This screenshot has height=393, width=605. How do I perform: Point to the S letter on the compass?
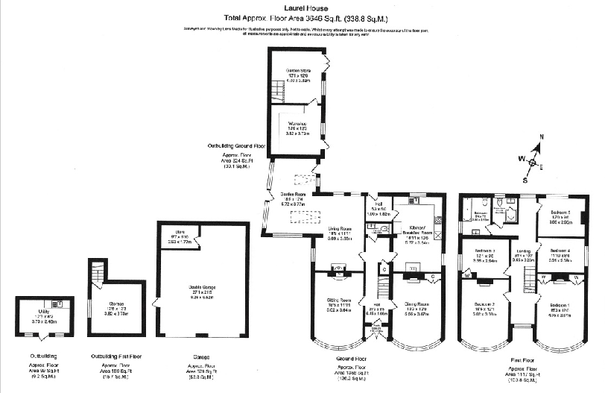coord(525,180)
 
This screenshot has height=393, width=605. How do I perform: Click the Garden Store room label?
coord(297,69)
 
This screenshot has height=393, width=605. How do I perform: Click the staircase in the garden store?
coord(278,93)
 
